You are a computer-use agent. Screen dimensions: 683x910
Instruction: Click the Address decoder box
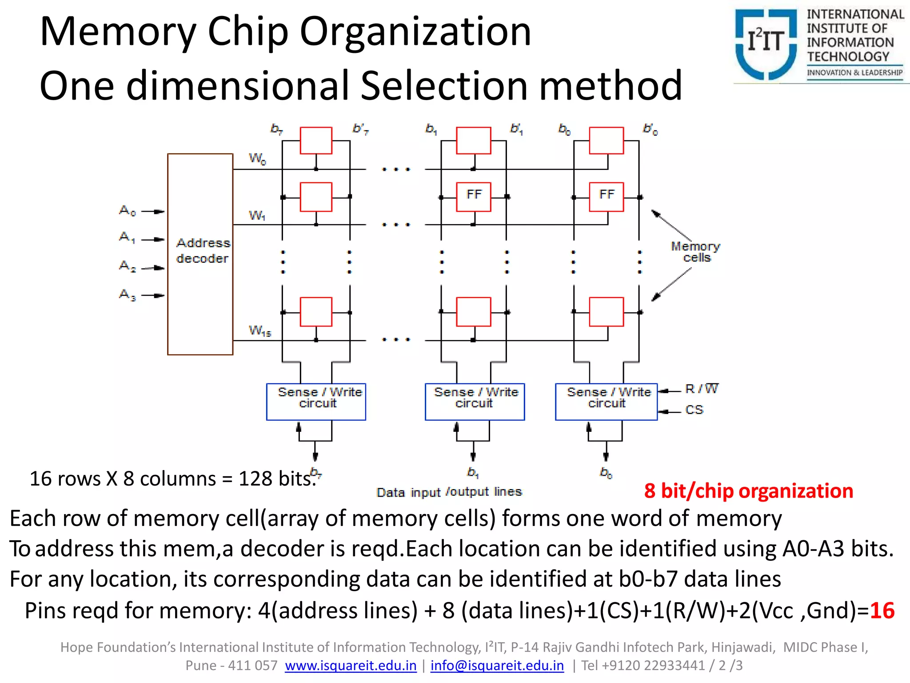pos(200,254)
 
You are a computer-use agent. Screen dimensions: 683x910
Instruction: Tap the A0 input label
pos(127,210)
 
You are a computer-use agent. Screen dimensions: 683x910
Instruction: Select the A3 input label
pos(127,294)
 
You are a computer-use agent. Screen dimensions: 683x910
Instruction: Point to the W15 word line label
pos(259,331)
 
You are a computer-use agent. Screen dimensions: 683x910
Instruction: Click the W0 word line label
pos(257,158)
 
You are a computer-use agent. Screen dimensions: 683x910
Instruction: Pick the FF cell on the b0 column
pos(607,196)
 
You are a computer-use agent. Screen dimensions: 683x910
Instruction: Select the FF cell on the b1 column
pos(474,196)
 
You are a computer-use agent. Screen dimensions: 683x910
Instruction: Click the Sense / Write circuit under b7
pos(316,401)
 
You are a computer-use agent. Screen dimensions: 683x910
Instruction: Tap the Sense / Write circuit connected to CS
pos(606,401)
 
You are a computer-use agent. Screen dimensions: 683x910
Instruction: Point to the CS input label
pos(694,410)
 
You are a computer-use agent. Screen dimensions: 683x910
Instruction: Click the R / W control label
pos(701,389)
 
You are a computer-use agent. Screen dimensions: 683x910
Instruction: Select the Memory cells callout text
pos(695,252)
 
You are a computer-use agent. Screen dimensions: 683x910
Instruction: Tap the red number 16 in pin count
pos(882,611)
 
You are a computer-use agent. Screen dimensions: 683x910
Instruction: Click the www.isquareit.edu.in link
pos(351,666)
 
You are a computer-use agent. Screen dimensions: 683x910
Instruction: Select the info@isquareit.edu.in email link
pos(497,666)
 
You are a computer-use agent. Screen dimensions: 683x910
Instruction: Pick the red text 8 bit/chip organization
pos(748,491)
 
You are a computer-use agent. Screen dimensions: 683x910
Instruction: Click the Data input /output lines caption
pos(449,492)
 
